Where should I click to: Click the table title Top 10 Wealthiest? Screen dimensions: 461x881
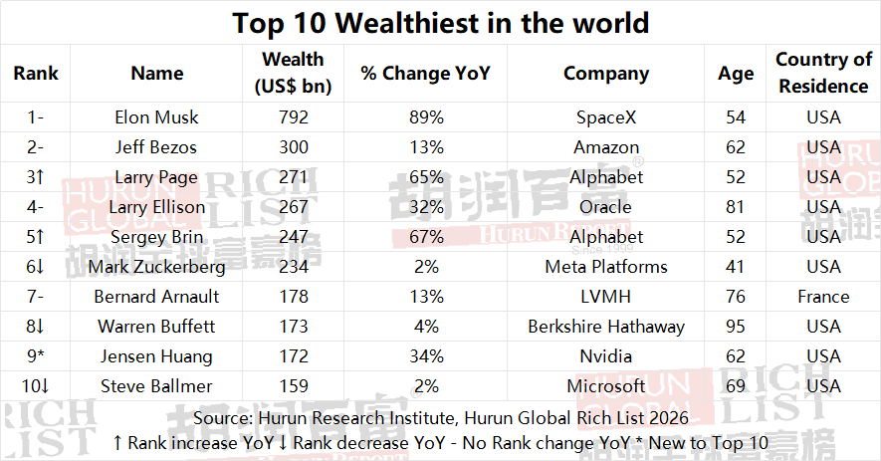pyautogui.click(x=440, y=23)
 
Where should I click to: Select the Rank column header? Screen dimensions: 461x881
pyautogui.click(x=36, y=74)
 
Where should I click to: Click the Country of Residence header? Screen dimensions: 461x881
pyautogui.click(x=823, y=74)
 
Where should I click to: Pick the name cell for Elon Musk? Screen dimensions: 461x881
pyautogui.click(x=156, y=117)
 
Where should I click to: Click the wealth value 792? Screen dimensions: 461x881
pyautogui.click(x=295, y=117)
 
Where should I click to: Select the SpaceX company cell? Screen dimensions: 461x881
pyautogui.click(x=605, y=117)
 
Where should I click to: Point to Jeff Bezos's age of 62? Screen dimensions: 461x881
pyautogui.click(x=736, y=147)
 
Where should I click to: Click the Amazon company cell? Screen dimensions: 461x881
pyautogui.click(x=605, y=147)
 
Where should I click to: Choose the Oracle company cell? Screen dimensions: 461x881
pyautogui.click(x=605, y=207)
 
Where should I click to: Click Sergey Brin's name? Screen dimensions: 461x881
pyautogui.click(x=156, y=237)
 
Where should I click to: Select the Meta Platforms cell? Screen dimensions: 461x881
pyautogui.click(x=605, y=267)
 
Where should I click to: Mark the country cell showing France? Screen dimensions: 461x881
pyautogui.click(x=823, y=297)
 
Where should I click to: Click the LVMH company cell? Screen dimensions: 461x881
pyautogui.click(x=605, y=297)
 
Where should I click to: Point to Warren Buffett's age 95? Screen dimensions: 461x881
pyautogui.click(x=736, y=327)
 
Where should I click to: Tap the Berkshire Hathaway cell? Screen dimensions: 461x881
pyautogui.click(x=605, y=327)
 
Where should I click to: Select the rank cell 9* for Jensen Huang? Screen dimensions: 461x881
pyautogui.click(x=36, y=356)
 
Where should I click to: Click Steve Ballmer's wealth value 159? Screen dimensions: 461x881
pyautogui.click(x=295, y=386)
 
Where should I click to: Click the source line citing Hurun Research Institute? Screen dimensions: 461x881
pyautogui.click(x=440, y=418)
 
